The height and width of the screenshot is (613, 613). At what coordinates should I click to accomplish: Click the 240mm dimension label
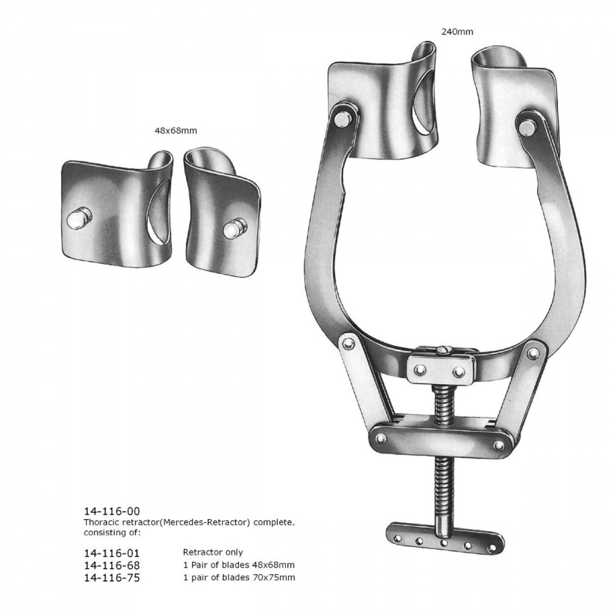click(x=457, y=31)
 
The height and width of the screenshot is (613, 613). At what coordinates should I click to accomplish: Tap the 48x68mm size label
click(x=176, y=131)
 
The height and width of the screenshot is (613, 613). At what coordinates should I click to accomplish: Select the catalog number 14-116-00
click(x=112, y=511)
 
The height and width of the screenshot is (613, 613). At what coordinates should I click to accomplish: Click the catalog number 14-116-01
click(x=112, y=553)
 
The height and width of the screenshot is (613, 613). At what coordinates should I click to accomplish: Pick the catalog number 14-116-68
click(x=112, y=565)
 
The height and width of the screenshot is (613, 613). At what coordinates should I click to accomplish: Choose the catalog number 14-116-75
click(x=112, y=578)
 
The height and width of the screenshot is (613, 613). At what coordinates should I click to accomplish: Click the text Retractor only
click(x=213, y=552)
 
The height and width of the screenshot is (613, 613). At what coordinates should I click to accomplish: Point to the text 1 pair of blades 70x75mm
click(x=239, y=578)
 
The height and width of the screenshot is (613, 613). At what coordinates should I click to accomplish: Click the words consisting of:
click(x=112, y=532)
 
